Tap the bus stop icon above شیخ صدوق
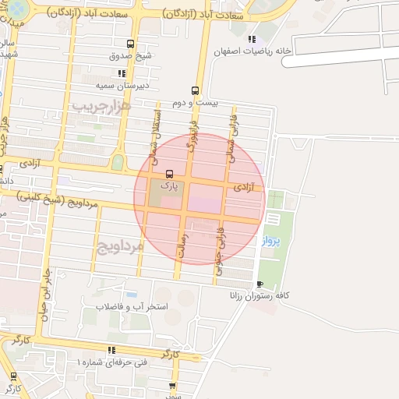point(129,44)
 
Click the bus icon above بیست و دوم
point(194,90)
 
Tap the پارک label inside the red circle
point(169,186)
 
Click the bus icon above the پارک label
point(170,174)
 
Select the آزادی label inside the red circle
point(243,188)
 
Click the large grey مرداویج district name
point(120,248)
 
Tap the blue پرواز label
point(265,239)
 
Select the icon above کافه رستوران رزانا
point(260,284)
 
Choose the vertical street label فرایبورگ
point(190,139)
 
